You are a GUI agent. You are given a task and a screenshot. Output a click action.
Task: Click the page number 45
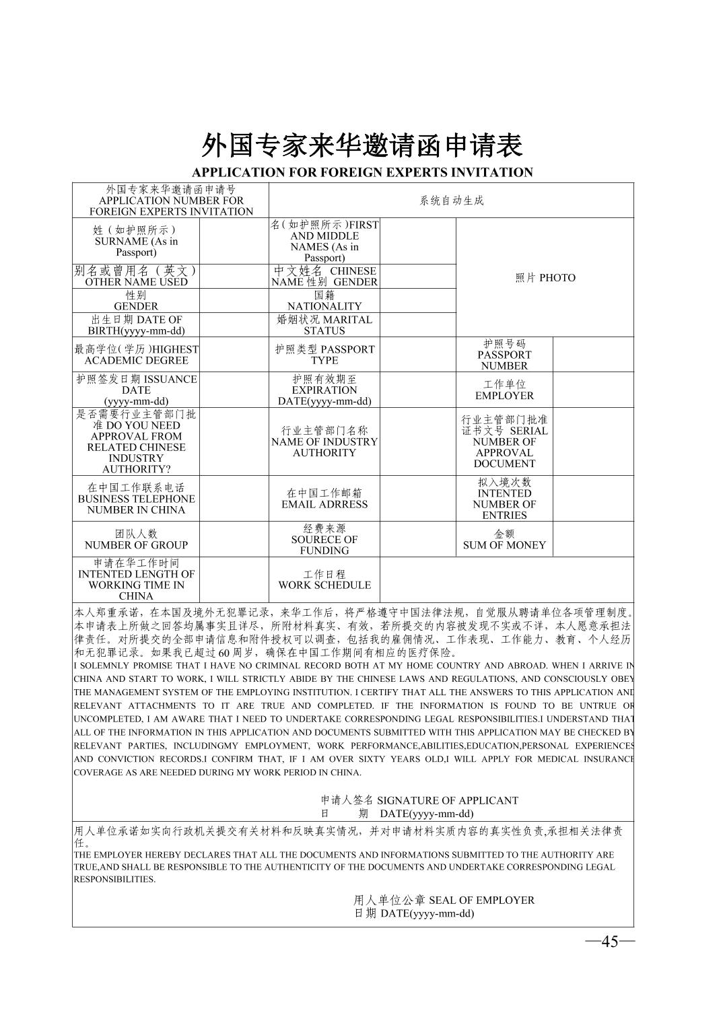click(609, 942)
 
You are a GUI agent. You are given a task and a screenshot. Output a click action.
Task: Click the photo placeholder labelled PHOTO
click(545, 278)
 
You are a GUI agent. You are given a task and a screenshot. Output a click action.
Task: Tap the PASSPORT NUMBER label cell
click(504, 355)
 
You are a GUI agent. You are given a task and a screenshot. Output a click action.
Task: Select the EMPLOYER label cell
click(504, 390)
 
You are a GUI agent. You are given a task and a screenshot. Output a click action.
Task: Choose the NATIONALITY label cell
click(324, 301)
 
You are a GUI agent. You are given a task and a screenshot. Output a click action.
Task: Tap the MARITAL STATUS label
click(324, 325)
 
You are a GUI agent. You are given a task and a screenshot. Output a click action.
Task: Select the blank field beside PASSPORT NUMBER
click(593, 355)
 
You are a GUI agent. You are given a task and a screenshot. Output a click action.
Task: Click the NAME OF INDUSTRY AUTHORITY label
click(324, 442)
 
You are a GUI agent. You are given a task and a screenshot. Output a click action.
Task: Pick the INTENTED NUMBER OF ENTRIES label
click(504, 499)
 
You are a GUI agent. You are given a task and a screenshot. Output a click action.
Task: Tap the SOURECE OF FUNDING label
click(324, 540)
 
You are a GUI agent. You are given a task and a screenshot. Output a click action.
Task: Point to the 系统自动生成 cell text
click(451, 201)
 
